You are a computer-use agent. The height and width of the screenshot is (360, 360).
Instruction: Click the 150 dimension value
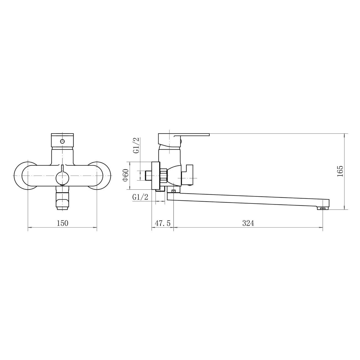[x=62, y=223]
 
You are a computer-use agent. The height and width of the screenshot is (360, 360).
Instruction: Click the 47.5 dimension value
[x=163, y=223]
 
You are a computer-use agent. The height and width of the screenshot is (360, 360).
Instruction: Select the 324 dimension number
[x=248, y=223]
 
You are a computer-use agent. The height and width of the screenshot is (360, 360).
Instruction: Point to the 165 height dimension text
[x=340, y=171]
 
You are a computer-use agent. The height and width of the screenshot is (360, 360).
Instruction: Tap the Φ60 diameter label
[x=126, y=175]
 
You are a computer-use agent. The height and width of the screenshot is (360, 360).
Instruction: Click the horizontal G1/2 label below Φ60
[x=140, y=197]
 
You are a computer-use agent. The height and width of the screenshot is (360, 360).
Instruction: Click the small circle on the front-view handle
[x=63, y=141]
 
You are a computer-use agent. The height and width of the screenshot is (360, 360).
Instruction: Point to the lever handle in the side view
[x=191, y=136]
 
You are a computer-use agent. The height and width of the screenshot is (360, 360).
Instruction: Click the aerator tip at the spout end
[x=323, y=208]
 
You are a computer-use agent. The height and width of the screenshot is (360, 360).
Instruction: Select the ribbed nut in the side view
[x=164, y=176]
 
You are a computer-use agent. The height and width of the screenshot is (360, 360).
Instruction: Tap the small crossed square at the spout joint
[x=174, y=191]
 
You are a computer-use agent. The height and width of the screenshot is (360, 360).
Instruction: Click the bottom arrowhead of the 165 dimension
[x=344, y=208]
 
